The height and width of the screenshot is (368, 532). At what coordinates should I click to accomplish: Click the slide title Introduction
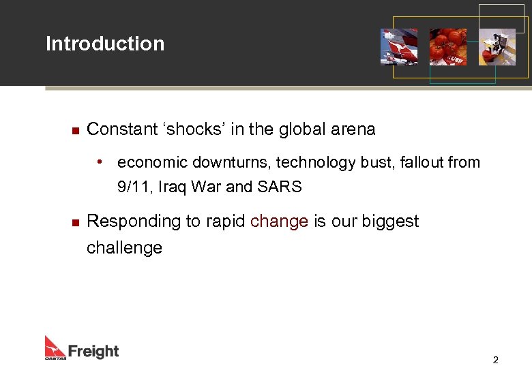coord(105,44)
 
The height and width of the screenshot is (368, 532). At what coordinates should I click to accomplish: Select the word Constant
coord(120,129)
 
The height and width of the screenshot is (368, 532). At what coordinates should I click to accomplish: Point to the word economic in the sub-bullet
coord(152,163)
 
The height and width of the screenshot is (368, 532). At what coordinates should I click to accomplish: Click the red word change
coord(280,222)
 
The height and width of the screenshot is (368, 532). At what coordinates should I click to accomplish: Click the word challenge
coord(124,247)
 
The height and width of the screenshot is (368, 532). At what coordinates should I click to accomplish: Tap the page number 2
coord(496,360)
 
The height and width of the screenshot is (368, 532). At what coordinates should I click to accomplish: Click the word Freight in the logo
coord(93,352)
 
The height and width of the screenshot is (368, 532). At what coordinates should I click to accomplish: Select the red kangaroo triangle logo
coord(55,346)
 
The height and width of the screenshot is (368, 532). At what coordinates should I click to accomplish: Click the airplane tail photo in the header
coord(399,46)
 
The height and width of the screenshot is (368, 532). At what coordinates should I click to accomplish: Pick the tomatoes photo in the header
coord(447,46)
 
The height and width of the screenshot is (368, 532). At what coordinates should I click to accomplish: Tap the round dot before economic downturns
coord(100,162)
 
